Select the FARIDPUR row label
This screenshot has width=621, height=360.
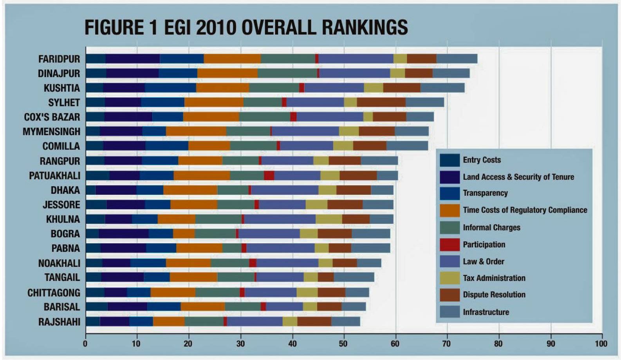pyautogui.click(x=59, y=59)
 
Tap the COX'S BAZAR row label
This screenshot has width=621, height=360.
pyautogui.click(x=52, y=117)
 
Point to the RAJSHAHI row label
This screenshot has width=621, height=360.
pyautogui.click(x=59, y=322)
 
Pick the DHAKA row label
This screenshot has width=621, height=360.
pyautogui.click(x=65, y=190)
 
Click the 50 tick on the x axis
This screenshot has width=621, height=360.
pyautogui.click(x=343, y=344)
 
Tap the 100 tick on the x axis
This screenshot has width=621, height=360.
pyautogui.click(x=601, y=344)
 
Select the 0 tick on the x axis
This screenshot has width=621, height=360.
pyautogui.click(x=85, y=344)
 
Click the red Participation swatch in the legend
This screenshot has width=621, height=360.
pyautogui.click(x=450, y=245)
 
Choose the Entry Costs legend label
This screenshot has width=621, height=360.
pyautogui.click(x=482, y=160)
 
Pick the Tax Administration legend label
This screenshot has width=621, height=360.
pyautogui.click(x=494, y=278)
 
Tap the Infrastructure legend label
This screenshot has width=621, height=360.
pyautogui.click(x=486, y=312)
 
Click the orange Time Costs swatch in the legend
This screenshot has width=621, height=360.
pyautogui.click(x=450, y=210)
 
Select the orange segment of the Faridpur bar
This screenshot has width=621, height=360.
pyautogui.click(x=232, y=59)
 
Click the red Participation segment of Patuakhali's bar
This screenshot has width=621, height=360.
pyautogui.click(x=269, y=175)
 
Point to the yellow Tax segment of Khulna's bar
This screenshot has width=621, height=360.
pyautogui.click(x=329, y=219)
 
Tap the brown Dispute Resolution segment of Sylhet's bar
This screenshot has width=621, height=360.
pyautogui.click(x=381, y=103)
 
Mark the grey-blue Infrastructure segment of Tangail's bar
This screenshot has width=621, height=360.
pyautogui.click(x=354, y=277)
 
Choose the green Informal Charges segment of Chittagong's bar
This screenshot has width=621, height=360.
pyautogui.click(x=217, y=292)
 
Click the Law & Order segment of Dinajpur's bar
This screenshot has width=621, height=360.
pyautogui.click(x=355, y=73)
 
